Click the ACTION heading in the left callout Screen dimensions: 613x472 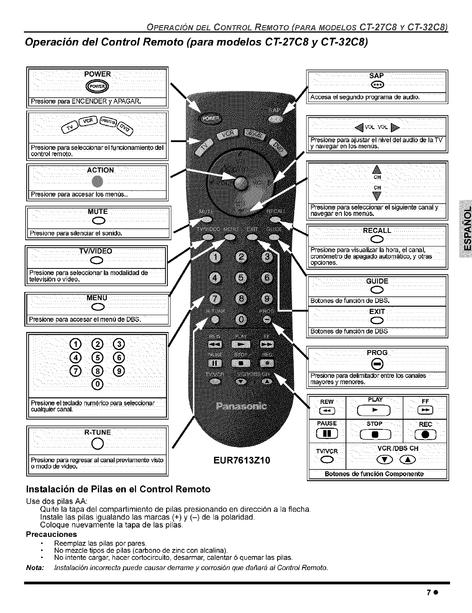100,170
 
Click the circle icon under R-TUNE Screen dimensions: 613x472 97,444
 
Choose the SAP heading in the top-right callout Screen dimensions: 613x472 376,76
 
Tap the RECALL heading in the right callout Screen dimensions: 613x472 377,230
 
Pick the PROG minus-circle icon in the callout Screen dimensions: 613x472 377,365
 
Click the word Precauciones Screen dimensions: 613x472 51,535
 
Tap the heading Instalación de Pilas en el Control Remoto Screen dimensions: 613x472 118,489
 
